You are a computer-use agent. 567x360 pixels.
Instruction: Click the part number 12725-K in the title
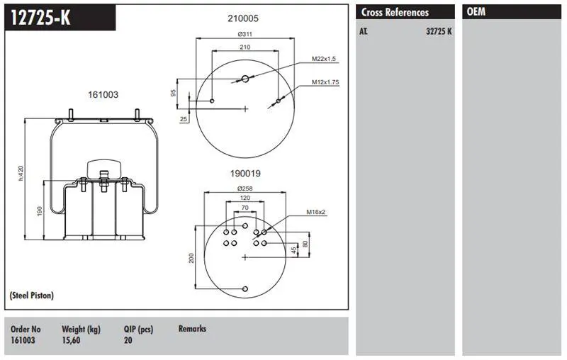point(40,17)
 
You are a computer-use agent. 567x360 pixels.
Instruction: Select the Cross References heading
point(395,12)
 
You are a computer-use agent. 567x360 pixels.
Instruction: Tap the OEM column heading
point(476,12)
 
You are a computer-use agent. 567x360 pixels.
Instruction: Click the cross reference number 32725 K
point(439,31)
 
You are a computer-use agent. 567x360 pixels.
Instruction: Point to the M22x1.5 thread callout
point(324,59)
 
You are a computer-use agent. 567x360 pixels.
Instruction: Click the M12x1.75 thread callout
point(325,82)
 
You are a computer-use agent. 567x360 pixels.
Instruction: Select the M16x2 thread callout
point(315,212)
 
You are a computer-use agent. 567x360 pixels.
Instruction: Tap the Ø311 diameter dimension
point(245,34)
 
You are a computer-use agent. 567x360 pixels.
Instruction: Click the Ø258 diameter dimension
point(245,189)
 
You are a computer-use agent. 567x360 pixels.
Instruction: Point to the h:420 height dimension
point(21,173)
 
